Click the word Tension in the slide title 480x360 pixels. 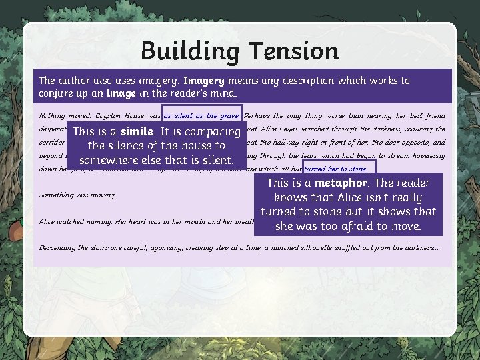click(291, 51)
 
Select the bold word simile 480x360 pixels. click(137, 131)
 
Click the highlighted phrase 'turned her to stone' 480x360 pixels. click(339, 169)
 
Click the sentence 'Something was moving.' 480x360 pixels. click(77, 195)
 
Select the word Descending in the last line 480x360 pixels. click(58, 248)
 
